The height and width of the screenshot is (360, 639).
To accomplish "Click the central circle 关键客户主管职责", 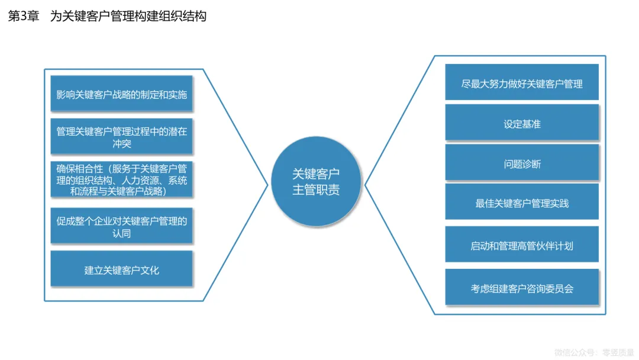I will tap(316, 182).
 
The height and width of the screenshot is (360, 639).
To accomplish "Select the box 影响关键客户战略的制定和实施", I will tap(121, 94).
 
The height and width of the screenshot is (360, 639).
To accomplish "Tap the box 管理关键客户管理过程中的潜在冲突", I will tap(121, 137).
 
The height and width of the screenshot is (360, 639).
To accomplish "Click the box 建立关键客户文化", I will tap(121, 270).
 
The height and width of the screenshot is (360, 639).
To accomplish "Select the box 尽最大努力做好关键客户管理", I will tap(521, 83).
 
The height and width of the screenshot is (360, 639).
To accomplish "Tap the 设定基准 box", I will tap(521, 124).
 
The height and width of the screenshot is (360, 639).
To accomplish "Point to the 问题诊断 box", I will tap(521, 163).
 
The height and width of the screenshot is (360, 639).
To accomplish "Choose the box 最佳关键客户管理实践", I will tap(521, 203).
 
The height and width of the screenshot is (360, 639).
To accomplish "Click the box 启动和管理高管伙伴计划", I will tap(521, 245).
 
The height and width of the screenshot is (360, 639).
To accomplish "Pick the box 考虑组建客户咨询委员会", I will tap(521, 288).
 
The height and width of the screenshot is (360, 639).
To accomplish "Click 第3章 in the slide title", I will tap(23, 17).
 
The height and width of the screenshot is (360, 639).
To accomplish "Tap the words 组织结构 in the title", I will tap(185, 17).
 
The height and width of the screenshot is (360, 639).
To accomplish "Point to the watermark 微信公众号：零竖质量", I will tap(593, 352).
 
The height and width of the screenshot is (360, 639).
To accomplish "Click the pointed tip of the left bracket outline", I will tap(268, 185).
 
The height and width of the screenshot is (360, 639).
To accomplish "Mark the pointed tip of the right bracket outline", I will tap(365, 185).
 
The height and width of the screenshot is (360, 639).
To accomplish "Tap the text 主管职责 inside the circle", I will tap(316, 191).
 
